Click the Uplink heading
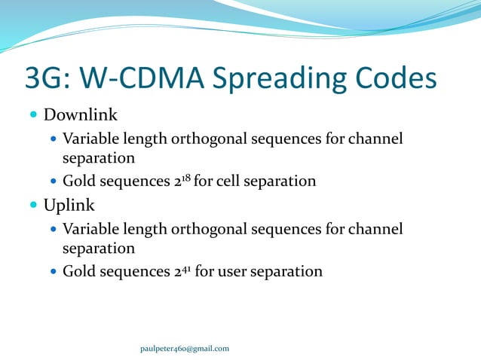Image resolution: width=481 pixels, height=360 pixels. (x=69, y=205)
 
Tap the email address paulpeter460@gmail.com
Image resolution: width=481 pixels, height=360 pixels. (x=185, y=348)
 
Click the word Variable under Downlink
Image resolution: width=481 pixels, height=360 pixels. (x=90, y=139)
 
